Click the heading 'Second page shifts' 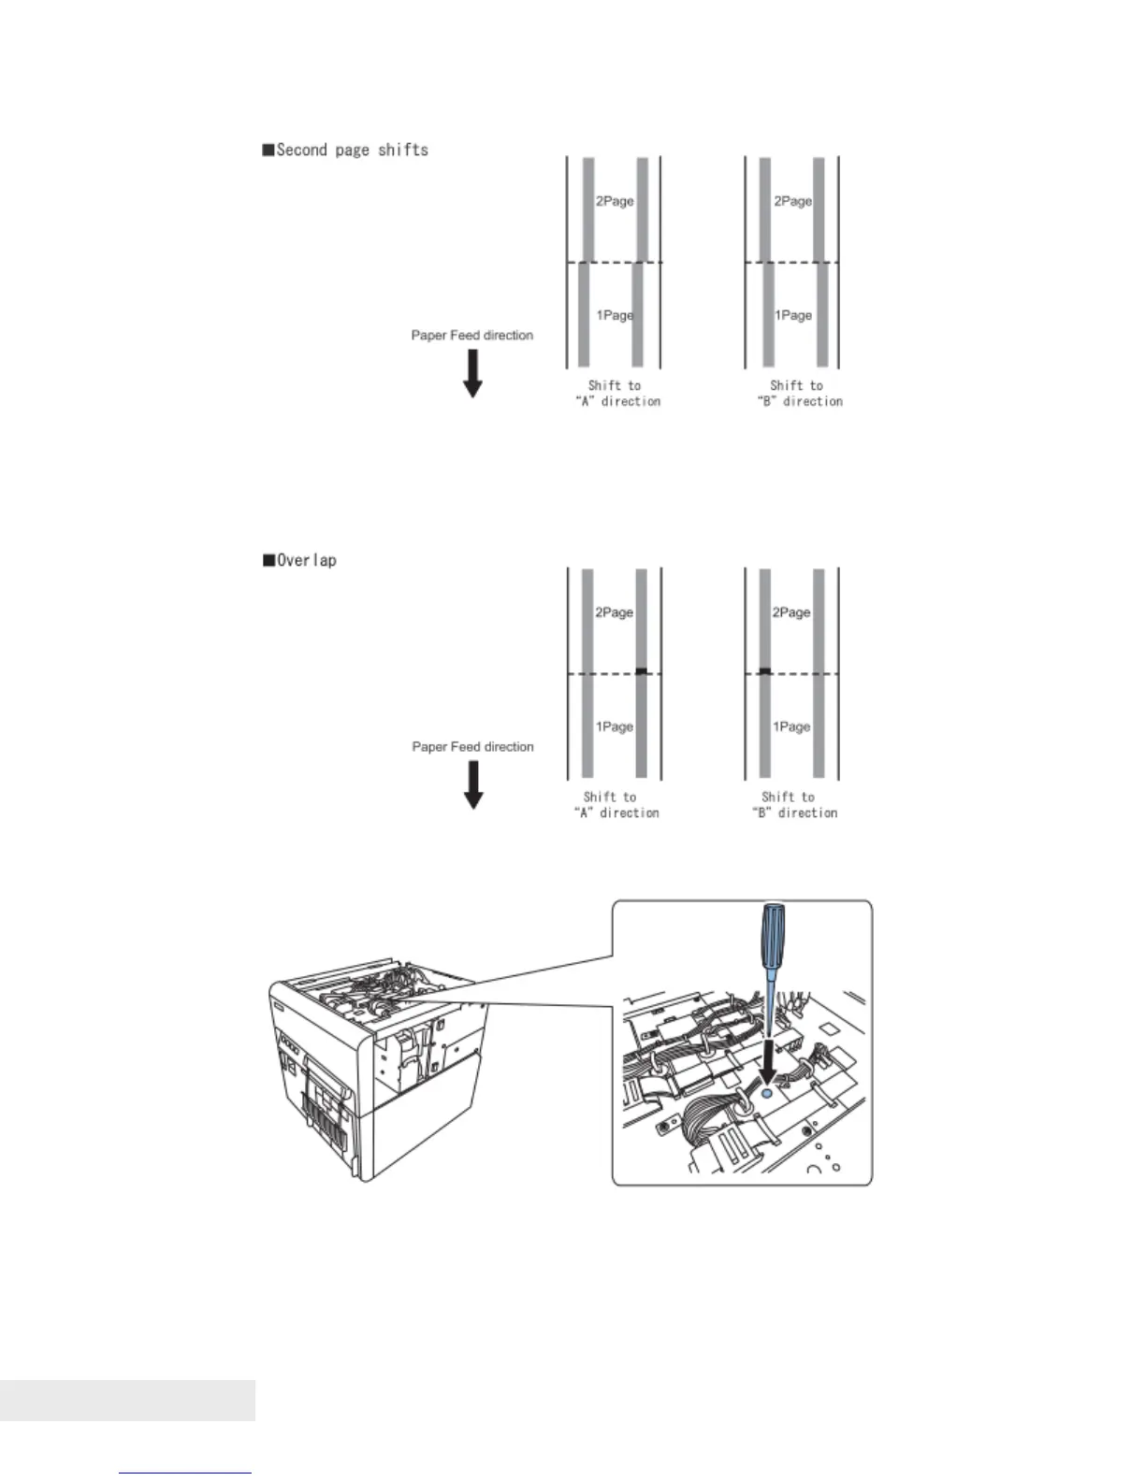coord(345,150)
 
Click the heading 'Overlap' coord(299,560)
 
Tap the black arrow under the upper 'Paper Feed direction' coord(473,373)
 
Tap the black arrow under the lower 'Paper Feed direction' coord(473,784)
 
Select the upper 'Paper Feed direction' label coord(472,335)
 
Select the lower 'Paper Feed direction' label coord(472,746)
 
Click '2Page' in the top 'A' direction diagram coord(615,201)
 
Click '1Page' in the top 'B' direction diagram coord(792,315)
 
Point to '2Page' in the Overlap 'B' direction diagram coord(791,612)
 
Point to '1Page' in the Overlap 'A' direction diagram coord(615,726)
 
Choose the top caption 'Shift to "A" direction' coord(616,394)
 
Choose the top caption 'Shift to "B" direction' coord(799,394)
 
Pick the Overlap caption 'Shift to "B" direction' coord(794,805)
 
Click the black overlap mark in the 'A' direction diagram coord(641,670)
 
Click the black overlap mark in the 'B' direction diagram coord(764,670)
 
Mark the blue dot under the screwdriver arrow coord(768,1091)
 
